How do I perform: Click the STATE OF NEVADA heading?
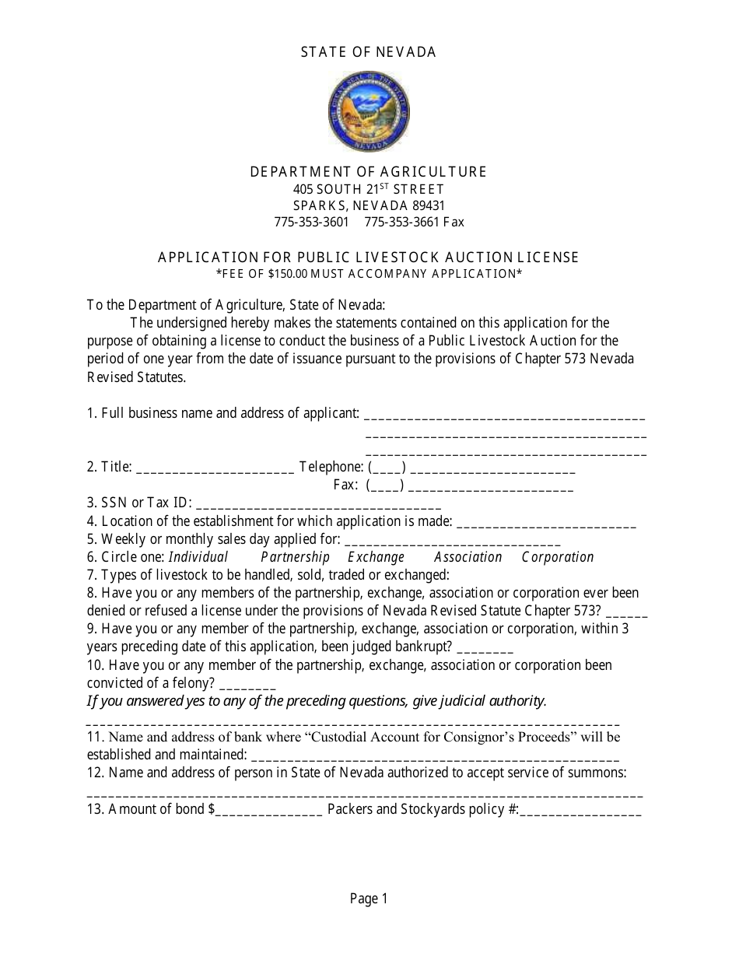[x=369, y=52]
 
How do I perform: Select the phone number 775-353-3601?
[x=311, y=222]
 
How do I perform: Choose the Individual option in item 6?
[x=198, y=557]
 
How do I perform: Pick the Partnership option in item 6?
[x=295, y=557]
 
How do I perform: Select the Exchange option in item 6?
[x=376, y=557]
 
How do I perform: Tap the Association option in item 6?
[x=468, y=557]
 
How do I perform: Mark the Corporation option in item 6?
[x=557, y=557]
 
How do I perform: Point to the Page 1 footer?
[x=369, y=899]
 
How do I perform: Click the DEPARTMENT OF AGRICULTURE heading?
[x=369, y=172]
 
